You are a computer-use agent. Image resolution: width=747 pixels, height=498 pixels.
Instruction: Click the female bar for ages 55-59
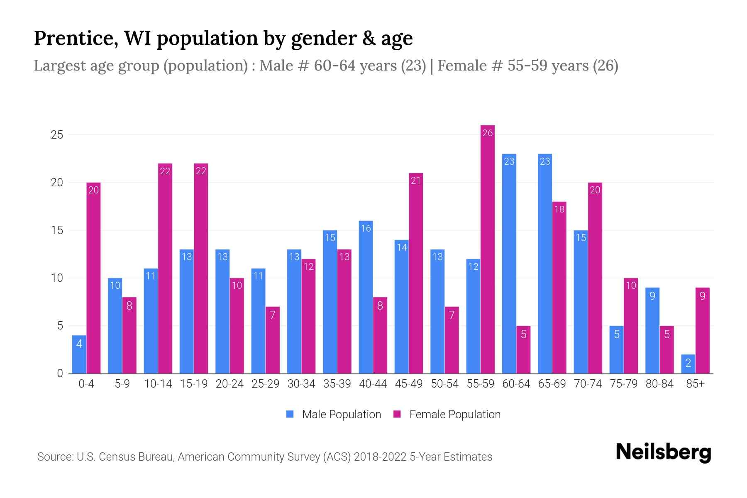tap(488, 249)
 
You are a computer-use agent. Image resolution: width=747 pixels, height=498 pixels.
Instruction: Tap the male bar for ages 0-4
tap(79, 354)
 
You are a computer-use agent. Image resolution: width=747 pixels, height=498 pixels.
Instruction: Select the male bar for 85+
tap(688, 364)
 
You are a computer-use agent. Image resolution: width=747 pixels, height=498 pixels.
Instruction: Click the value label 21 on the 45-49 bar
tap(416, 181)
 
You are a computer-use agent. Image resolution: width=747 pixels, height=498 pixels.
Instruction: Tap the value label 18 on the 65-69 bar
tap(559, 209)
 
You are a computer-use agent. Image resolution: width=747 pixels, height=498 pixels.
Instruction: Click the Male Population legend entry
tap(333, 415)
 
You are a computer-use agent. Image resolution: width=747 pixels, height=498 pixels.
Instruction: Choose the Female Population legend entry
tap(447, 415)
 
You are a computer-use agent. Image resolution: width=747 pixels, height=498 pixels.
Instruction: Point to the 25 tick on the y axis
tap(57, 135)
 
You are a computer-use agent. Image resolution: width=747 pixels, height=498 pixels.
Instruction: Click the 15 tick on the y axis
tap(57, 230)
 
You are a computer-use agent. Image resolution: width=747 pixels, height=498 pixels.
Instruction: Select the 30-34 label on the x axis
tap(301, 384)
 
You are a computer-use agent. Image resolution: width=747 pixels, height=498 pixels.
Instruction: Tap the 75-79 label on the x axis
tap(623, 384)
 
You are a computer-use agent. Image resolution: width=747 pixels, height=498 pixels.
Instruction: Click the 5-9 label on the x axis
tap(122, 384)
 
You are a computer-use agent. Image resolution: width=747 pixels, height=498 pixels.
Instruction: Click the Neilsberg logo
tap(663, 452)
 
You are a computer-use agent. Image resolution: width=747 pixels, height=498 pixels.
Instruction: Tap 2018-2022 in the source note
tap(380, 457)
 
